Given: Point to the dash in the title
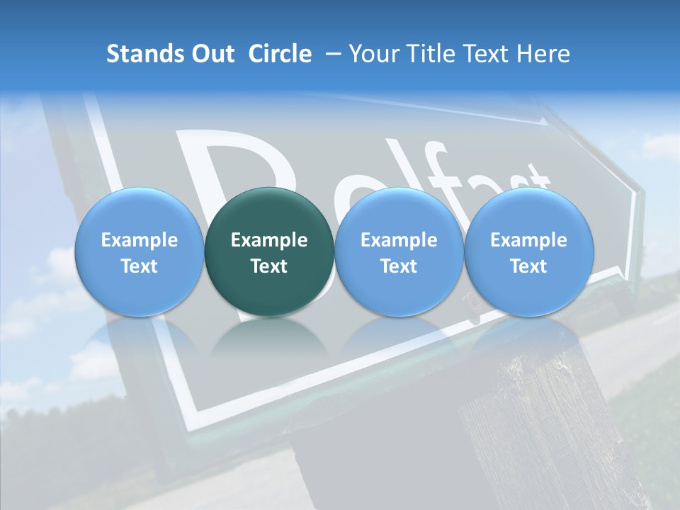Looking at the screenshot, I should [x=331, y=55].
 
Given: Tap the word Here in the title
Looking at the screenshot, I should [x=545, y=54].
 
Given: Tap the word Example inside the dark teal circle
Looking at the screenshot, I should [x=269, y=240].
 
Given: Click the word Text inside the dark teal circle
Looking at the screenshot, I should [x=269, y=266].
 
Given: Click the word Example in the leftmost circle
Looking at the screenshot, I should [x=140, y=240].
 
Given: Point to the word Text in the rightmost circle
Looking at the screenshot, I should [x=528, y=266].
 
